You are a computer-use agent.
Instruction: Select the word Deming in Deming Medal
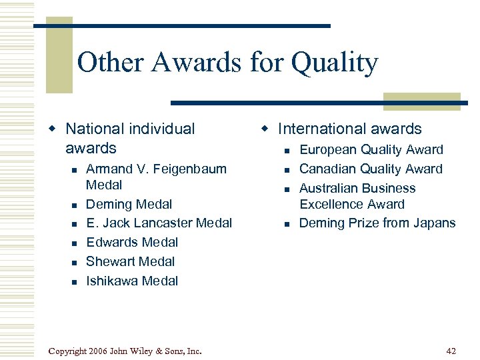[x=109, y=205]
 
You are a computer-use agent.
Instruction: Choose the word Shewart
[x=111, y=262]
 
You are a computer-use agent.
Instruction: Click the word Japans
[x=434, y=223]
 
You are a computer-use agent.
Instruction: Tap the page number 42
[x=451, y=351]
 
